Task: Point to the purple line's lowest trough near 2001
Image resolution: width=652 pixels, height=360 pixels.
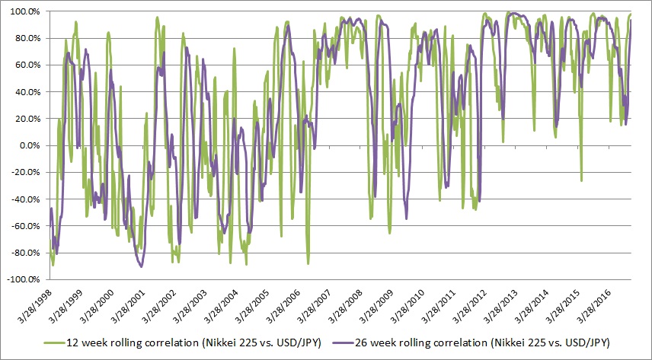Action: [x=141, y=266]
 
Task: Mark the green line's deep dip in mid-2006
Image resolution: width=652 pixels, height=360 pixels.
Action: [x=308, y=263]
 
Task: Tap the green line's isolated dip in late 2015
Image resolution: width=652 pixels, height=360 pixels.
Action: [x=581, y=181]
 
